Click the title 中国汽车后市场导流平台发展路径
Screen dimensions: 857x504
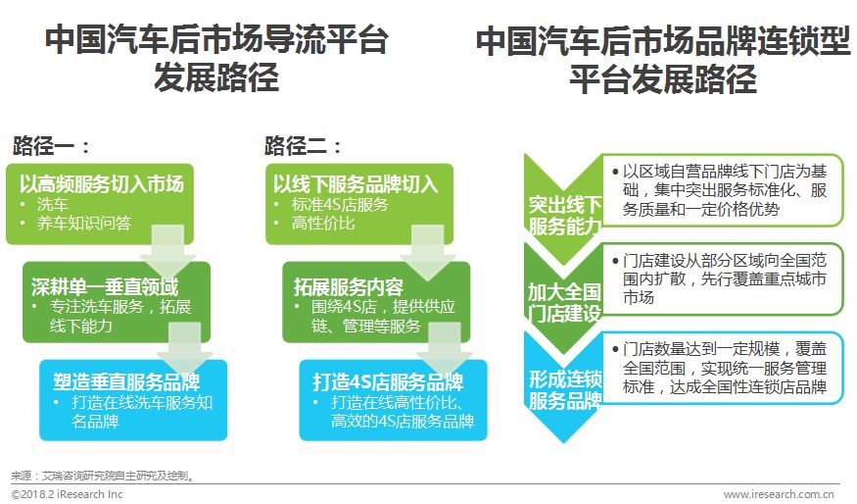[216, 58]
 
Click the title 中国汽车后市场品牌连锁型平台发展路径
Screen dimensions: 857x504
[663, 58]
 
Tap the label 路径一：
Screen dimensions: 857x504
[52, 147]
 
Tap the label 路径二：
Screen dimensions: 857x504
[304, 147]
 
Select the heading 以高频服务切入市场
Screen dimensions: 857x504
[102, 183]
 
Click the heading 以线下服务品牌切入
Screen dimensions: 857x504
[356, 183]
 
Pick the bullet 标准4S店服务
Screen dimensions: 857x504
[340, 204]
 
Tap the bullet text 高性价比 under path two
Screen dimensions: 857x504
[323, 224]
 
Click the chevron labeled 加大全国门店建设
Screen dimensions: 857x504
[564, 302]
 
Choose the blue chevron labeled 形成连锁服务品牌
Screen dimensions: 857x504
[564, 389]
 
